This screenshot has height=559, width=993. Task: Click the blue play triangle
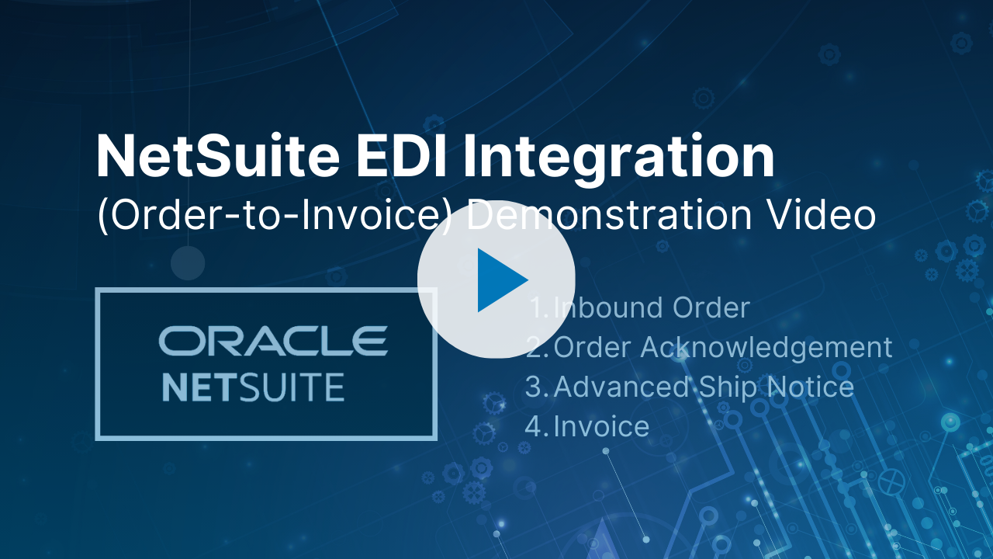[500, 279]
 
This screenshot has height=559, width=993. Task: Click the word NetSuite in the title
[218, 156]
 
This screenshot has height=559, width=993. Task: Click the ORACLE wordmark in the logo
[273, 341]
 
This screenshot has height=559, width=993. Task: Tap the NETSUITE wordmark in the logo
[253, 387]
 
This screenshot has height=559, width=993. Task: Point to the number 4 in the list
[534, 426]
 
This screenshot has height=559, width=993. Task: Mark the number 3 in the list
[534, 387]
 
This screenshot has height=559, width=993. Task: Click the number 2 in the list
[534, 347]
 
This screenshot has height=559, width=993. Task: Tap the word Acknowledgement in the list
[766, 347]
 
